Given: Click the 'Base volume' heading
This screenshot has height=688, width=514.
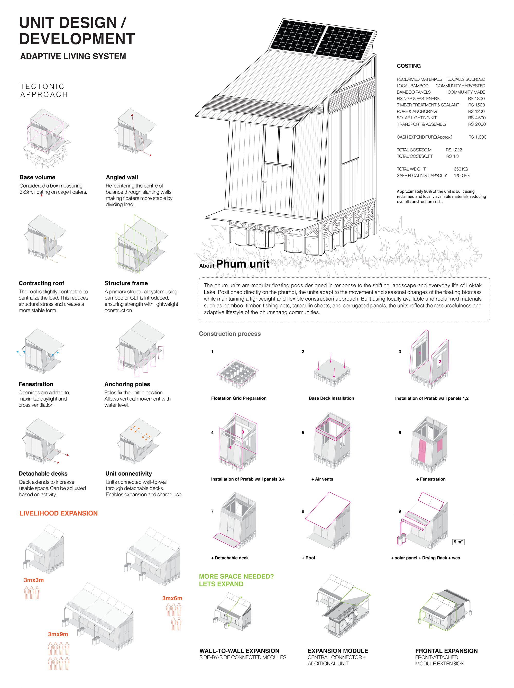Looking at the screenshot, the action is [37, 177].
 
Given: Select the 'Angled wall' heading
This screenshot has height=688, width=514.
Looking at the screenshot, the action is [122, 177].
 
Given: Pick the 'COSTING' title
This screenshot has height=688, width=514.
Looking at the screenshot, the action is [409, 66].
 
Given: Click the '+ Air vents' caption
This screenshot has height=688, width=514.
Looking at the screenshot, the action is [322, 479].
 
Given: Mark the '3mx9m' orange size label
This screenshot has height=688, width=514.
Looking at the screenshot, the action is [58, 634].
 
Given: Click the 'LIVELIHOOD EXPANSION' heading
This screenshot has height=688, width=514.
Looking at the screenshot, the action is [58, 513].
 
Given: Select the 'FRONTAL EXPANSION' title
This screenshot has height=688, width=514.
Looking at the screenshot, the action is [446, 651].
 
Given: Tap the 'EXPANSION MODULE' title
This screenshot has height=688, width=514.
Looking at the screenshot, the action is [338, 651].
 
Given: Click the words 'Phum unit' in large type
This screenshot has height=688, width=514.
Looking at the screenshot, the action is [243, 264].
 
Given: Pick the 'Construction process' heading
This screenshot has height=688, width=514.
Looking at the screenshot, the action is [230, 334].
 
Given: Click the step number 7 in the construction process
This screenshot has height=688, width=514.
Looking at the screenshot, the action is [212, 511].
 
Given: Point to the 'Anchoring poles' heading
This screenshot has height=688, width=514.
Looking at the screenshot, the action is [127, 384].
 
